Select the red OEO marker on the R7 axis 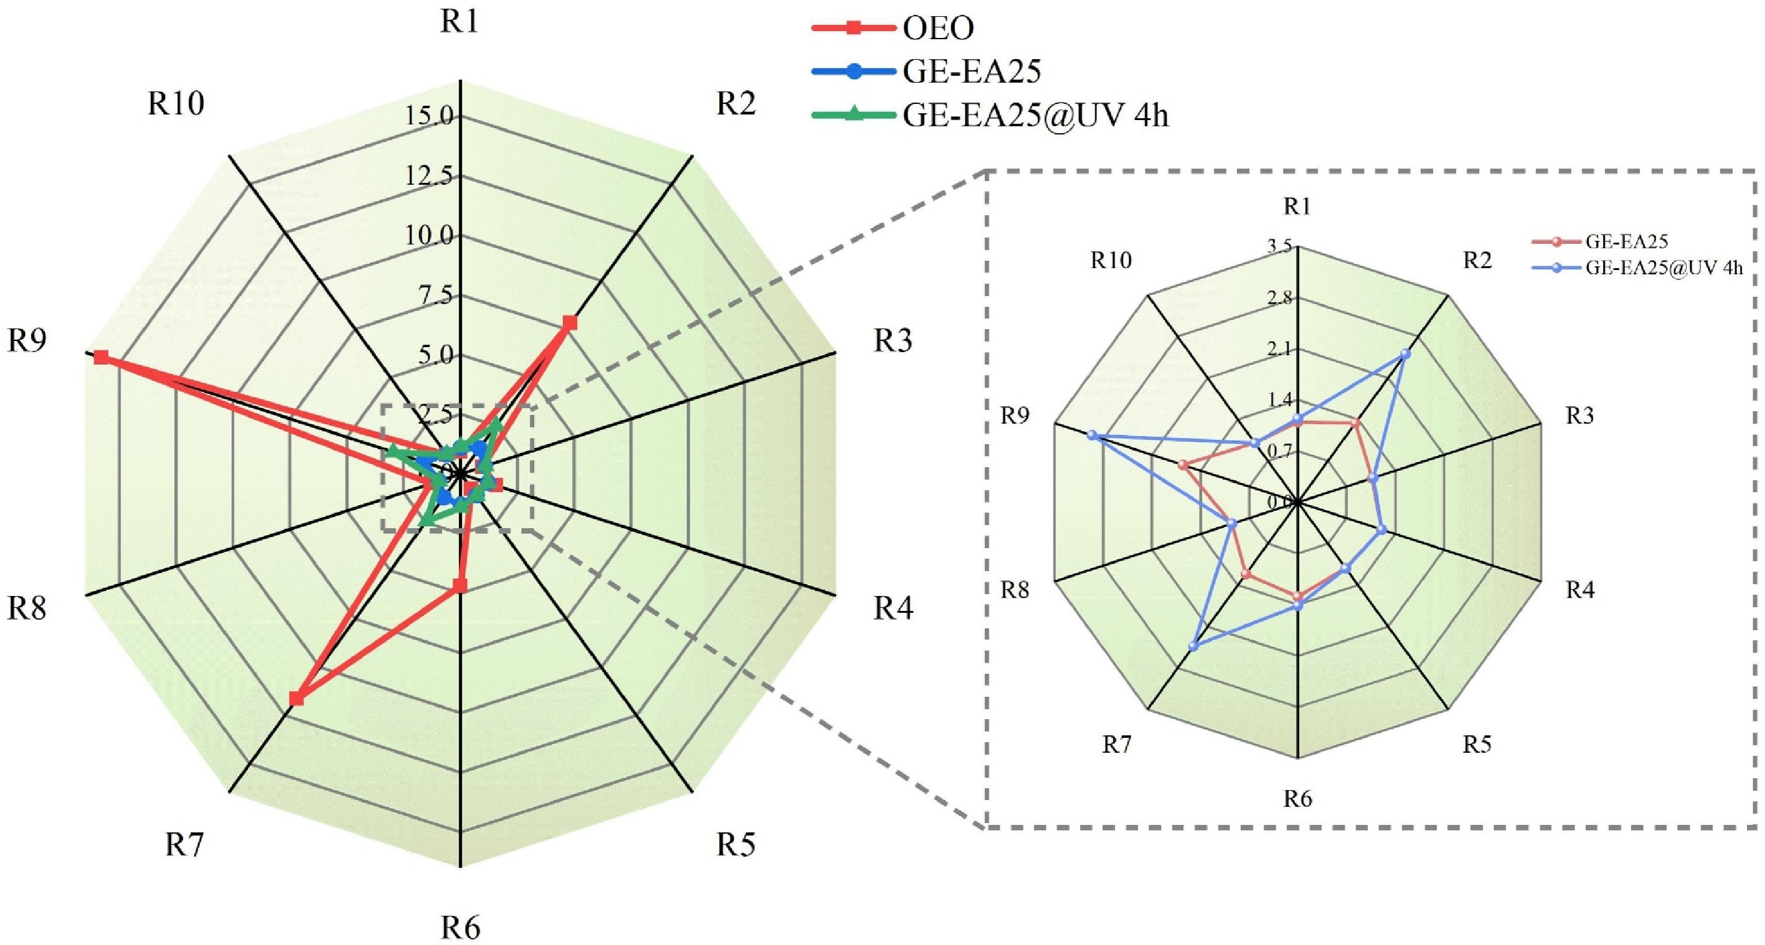click(295, 699)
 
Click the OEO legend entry click(938, 28)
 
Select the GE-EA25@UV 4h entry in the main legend click(1035, 116)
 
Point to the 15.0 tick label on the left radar click(428, 116)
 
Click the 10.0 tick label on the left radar click(428, 236)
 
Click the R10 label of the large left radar click(176, 104)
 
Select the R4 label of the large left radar click(893, 607)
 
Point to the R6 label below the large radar click(461, 928)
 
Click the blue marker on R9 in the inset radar click(1092, 435)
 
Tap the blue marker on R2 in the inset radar click(1405, 354)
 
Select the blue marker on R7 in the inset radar click(1194, 646)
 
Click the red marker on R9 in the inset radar click(1183, 465)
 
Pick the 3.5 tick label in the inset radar click(1279, 246)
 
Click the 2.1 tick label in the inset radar click(1279, 349)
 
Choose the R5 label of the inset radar click(1477, 744)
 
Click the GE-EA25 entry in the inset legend click(1626, 241)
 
